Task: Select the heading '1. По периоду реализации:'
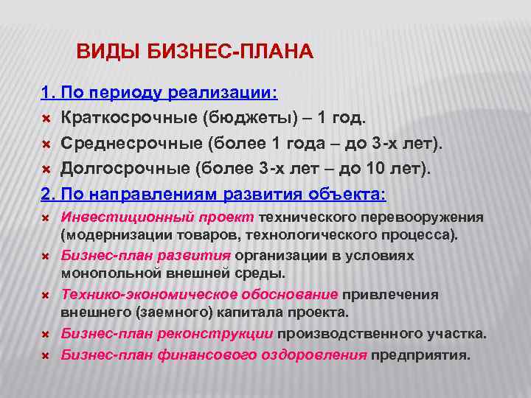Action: [x=159, y=94]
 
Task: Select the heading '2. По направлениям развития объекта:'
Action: [x=213, y=195]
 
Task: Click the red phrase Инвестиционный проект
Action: [x=157, y=217]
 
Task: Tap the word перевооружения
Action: [x=426, y=217]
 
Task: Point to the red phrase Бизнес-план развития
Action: [x=145, y=256]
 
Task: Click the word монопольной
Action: [x=105, y=273]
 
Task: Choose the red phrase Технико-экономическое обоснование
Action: [x=199, y=294]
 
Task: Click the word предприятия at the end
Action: [x=420, y=355]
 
